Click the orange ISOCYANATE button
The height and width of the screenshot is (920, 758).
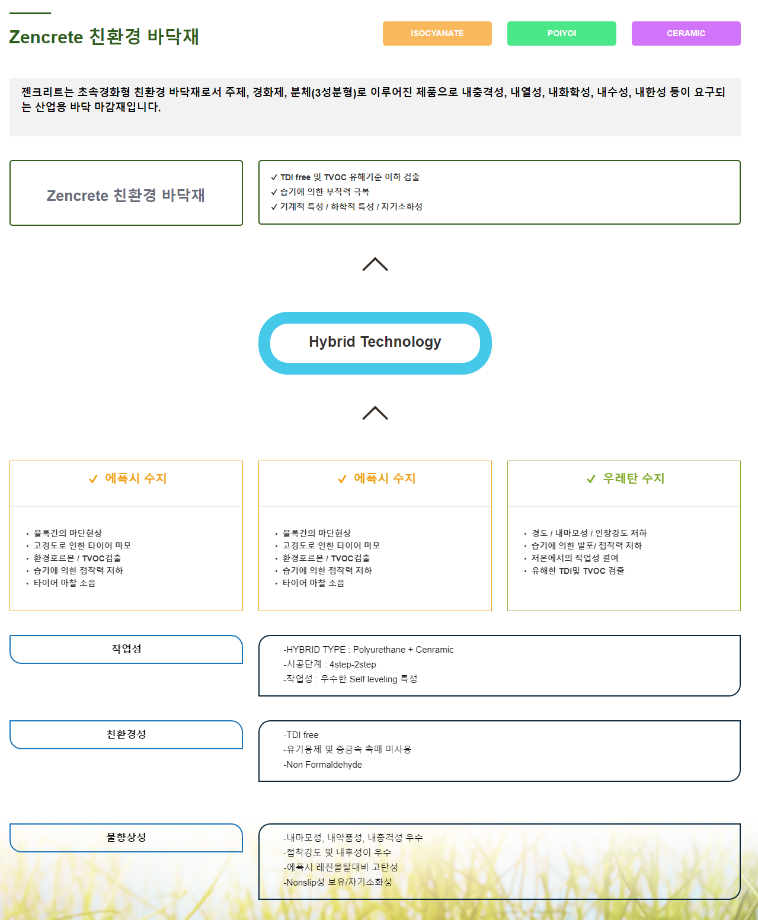click(437, 33)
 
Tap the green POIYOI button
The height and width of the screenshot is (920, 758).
click(562, 33)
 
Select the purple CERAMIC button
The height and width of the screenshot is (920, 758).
click(686, 33)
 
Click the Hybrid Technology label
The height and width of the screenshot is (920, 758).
click(375, 342)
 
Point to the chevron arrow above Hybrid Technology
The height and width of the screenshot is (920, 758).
click(375, 264)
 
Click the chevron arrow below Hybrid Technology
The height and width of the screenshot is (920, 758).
click(375, 413)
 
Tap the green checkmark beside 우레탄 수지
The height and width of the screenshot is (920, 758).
click(591, 479)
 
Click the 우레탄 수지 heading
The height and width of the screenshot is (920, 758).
click(634, 478)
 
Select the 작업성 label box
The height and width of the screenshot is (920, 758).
click(126, 649)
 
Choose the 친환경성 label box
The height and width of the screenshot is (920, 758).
click(126, 734)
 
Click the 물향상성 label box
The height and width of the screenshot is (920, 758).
click(126, 838)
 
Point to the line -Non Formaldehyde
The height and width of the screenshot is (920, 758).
click(323, 765)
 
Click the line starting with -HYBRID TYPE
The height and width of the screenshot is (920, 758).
click(368, 650)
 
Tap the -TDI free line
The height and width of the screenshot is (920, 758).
click(301, 735)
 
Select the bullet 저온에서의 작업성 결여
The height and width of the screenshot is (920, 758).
click(575, 558)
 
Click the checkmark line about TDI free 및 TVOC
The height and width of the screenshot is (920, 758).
click(346, 177)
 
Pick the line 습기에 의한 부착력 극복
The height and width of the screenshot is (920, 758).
click(320, 192)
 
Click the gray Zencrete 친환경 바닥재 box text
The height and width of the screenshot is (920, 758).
click(126, 196)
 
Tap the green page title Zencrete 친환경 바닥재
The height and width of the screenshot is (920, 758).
click(104, 37)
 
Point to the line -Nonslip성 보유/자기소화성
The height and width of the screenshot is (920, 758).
click(337, 883)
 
